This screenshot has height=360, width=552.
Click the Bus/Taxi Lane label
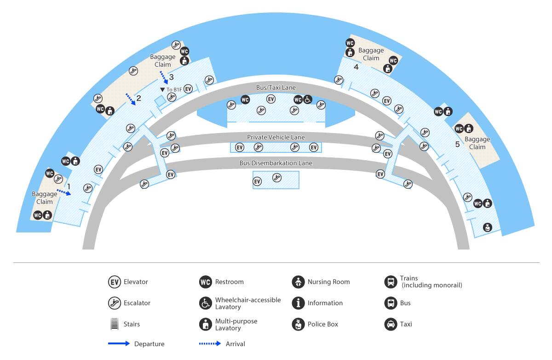pos(276,87)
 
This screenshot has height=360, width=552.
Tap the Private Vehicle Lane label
pos(276,137)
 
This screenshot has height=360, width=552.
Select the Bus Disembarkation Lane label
pos(276,163)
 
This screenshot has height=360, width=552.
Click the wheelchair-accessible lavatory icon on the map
pos(307,99)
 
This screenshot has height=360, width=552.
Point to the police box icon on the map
pos(487,227)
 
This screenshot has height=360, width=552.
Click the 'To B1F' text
pos(174,89)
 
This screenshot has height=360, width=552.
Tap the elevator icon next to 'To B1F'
pos(188,89)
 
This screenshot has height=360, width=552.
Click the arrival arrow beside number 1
pos(64,192)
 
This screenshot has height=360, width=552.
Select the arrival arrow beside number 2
pos(131,99)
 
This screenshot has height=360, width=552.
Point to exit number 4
pos(356,67)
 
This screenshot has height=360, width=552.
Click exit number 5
pos(457,144)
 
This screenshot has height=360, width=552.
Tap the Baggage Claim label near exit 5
pos(477,143)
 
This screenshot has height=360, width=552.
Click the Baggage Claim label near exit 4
pos(371,54)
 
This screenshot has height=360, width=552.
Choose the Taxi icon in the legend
pos(391,324)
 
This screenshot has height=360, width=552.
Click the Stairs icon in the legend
pos(115,324)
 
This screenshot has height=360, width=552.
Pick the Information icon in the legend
pos(298,303)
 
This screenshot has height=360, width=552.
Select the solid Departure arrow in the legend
pos(119,343)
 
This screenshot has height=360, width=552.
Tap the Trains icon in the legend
pos(391,282)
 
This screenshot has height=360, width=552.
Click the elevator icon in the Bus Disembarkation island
pos(257,181)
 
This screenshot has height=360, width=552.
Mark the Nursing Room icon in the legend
pos(298,282)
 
